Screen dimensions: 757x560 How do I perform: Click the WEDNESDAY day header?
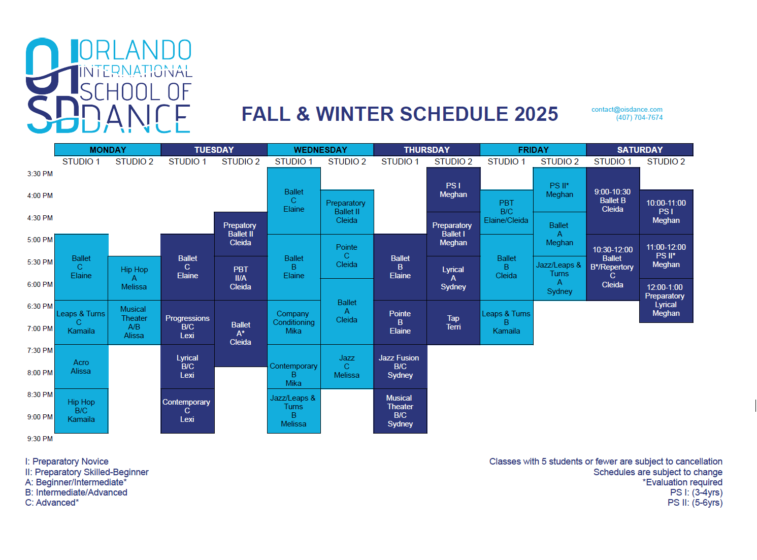tap(320, 149)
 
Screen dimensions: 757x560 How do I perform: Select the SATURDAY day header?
tap(639, 149)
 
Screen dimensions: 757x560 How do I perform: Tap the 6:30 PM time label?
tap(40, 306)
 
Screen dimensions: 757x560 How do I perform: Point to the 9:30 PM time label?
tap(40, 439)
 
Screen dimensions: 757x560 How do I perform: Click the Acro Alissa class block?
tap(81, 367)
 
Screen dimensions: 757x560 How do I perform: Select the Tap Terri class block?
tap(453, 322)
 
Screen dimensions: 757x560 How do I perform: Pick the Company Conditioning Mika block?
tap(293, 322)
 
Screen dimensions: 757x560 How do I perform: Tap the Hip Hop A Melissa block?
tap(134, 278)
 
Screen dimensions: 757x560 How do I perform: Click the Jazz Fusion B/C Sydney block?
tap(400, 367)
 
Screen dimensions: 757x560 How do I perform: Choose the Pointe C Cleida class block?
tap(347, 256)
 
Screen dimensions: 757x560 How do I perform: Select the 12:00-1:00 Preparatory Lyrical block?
tap(666, 300)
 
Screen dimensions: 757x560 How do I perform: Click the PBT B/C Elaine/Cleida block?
tap(507, 212)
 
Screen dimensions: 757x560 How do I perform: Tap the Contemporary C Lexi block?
tap(187, 411)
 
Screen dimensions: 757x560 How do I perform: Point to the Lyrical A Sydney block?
tap(453, 278)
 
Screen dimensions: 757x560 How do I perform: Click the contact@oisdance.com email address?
tap(627, 110)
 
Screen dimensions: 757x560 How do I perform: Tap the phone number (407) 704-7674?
tap(639, 117)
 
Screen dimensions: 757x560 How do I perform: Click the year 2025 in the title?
tap(536, 114)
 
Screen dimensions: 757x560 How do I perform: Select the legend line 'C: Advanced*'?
tap(52, 502)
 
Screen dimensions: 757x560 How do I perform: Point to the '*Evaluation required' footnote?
tap(682, 482)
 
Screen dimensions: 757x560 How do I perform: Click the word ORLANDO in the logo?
tap(135, 50)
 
